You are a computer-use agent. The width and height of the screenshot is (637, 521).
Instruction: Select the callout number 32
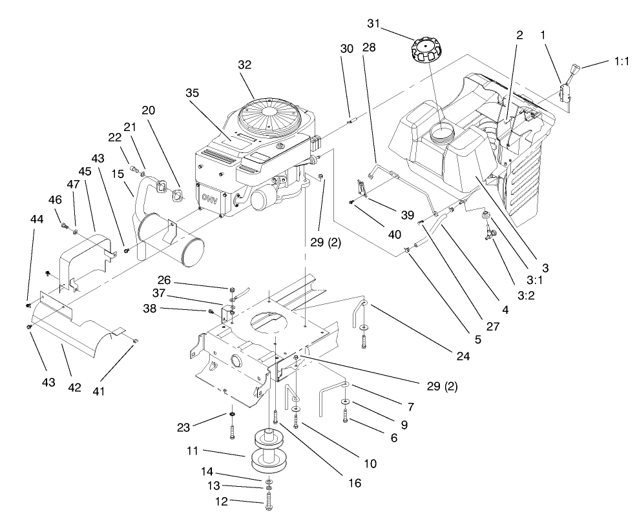[x=244, y=65]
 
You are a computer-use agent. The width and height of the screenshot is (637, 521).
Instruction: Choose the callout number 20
[x=148, y=110]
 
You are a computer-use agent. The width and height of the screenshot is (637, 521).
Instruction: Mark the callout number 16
[x=353, y=483]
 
